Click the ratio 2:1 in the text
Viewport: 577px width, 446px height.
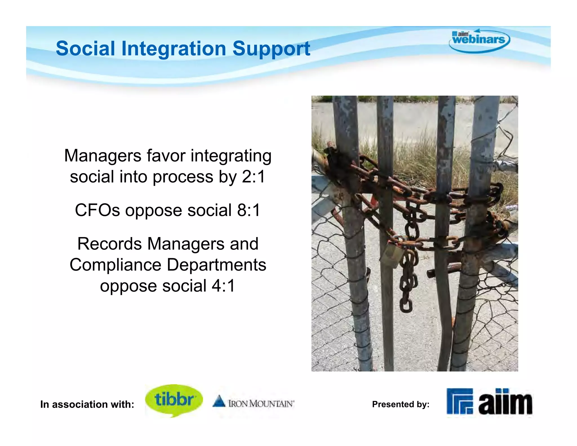click(253, 177)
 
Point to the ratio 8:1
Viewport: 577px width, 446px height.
click(248, 210)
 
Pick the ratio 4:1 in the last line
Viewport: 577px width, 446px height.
click(223, 286)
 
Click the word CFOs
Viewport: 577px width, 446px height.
click(97, 210)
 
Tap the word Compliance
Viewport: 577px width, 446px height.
click(115, 265)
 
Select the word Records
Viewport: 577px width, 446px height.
click(109, 244)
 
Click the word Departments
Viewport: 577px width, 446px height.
click(216, 265)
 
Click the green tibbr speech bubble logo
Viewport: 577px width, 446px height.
click(174, 400)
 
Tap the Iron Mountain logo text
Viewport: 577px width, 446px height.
click(261, 404)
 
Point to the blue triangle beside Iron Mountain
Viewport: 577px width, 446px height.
click(219, 401)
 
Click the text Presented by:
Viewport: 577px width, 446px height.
click(401, 404)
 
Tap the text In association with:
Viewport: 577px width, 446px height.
click(87, 405)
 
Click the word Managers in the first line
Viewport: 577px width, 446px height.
click(103, 156)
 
